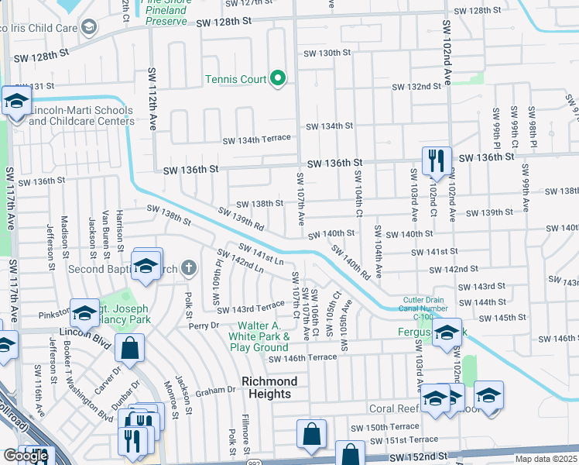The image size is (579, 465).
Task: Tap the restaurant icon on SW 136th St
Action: [436, 161]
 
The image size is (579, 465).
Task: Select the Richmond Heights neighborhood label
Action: [269, 387]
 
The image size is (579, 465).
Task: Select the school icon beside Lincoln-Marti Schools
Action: [15, 102]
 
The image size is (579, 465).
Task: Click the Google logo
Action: [26, 456]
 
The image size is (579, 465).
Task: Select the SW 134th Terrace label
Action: [256, 139]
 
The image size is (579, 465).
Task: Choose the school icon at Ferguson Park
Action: [446, 332]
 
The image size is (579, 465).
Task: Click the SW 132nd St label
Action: [416, 87]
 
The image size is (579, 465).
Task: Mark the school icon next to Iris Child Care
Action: [88, 28]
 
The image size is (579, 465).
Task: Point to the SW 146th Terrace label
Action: [303, 357]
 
